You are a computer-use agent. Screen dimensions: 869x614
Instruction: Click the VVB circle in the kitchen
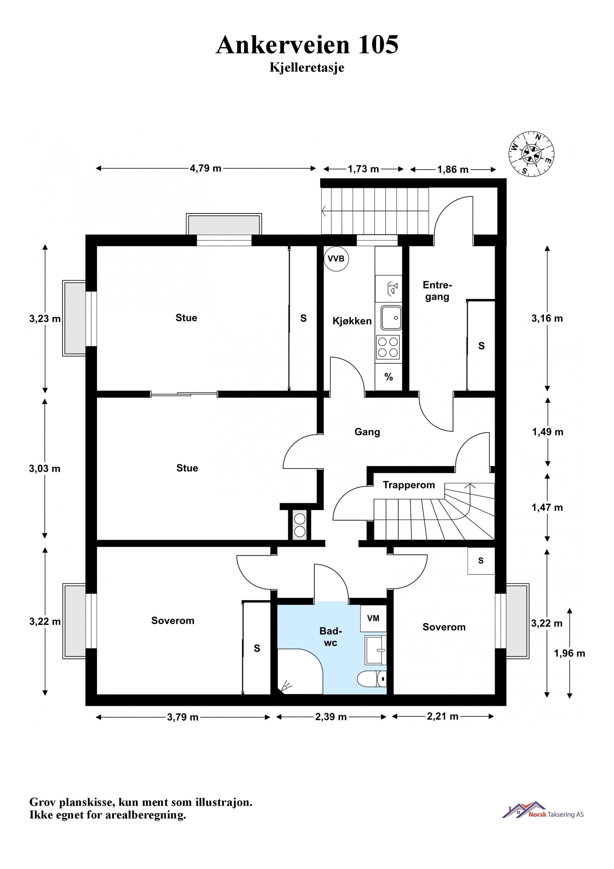(x=336, y=259)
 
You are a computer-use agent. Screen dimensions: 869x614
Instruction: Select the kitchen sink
(x=391, y=318)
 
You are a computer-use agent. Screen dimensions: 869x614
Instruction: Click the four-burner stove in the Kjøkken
(x=388, y=347)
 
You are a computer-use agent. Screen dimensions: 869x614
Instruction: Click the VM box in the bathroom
(x=373, y=618)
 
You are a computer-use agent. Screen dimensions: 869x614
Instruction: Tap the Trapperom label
(x=409, y=485)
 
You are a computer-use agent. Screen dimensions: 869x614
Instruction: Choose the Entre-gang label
(x=437, y=291)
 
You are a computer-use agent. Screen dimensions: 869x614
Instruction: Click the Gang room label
(x=367, y=432)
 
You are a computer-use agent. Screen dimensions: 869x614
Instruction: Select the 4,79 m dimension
(x=206, y=168)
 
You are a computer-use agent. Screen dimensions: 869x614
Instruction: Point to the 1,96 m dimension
(x=569, y=653)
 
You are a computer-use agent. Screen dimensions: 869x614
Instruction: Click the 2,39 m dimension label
(x=331, y=717)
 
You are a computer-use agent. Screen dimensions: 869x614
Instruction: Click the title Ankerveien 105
(x=307, y=45)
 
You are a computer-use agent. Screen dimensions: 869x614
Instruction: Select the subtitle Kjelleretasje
(x=307, y=68)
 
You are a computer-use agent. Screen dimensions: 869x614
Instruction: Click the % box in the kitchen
(x=388, y=377)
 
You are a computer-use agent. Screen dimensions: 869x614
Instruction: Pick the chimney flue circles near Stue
(x=300, y=525)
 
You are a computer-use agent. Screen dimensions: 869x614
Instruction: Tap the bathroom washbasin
(x=376, y=649)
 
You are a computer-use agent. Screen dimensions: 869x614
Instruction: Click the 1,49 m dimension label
(x=548, y=432)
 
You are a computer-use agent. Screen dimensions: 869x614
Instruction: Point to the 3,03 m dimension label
(x=45, y=468)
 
